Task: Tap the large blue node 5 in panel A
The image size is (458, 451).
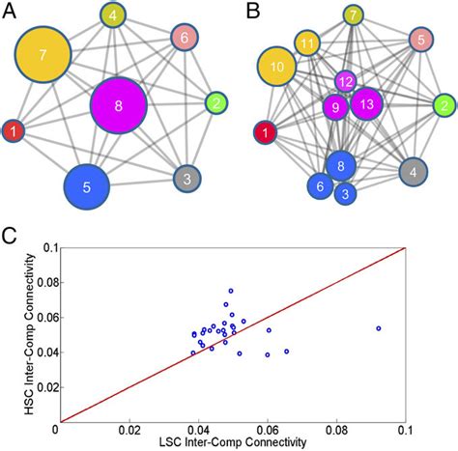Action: click(88, 189)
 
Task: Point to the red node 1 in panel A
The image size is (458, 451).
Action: click(14, 130)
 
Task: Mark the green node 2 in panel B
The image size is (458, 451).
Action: click(444, 103)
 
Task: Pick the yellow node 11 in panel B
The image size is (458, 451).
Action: click(307, 43)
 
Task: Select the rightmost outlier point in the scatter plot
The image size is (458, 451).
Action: click(378, 328)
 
